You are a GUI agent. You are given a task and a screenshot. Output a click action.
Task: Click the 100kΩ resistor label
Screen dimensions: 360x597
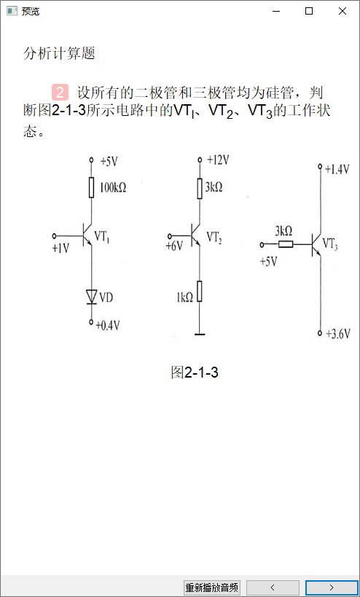click(x=113, y=188)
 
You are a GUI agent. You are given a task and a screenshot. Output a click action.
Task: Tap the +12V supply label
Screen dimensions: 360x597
click(x=218, y=160)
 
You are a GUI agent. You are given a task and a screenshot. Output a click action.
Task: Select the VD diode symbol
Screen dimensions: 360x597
click(x=91, y=297)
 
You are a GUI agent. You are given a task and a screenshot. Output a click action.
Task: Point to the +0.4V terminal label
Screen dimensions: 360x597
click(x=108, y=326)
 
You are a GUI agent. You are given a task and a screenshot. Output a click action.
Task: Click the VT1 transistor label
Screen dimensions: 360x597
click(x=102, y=237)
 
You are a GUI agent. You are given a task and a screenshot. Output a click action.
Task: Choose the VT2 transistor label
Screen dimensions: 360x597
click(x=215, y=237)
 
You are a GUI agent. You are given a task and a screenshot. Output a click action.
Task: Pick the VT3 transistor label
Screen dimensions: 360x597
click(x=330, y=243)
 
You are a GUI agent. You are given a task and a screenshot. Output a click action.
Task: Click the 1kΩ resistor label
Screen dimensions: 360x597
click(x=184, y=297)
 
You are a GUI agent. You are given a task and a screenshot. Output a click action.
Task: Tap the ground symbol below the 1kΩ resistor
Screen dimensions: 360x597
click(x=200, y=335)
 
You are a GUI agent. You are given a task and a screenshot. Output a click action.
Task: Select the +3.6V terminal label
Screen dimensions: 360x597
click(x=338, y=335)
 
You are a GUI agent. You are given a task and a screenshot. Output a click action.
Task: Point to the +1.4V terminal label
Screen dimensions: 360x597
click(x=337, y=169)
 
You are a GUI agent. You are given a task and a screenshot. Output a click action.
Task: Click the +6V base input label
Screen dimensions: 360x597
click(x=174, y=246)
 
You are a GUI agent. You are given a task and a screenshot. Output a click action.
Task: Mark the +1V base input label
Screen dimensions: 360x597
click(x=61, y=249)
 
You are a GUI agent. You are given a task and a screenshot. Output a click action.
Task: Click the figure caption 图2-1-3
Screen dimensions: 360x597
click(x=195, y=372)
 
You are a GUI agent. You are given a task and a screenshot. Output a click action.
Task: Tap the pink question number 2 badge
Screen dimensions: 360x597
click(x=60, y=92)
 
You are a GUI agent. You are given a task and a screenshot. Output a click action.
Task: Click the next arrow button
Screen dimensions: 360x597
click(x=332, y=587)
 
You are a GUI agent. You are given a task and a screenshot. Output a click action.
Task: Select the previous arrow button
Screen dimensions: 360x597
click(x=273, y=587)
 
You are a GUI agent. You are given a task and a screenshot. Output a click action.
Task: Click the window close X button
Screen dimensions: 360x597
click(x=343, y=12)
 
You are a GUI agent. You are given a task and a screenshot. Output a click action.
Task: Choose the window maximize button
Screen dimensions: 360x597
click(x=309, y=12)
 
